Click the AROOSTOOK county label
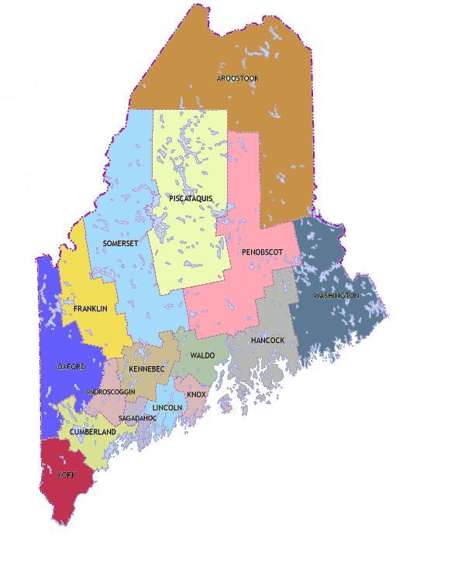pyautogui.click(x=237, y=79)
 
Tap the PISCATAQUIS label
pyautogui.click(x=190, y=199)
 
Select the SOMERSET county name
pyautogui.click(x=120, y=244)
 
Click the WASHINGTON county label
pyautogui.click(x=336, y=296)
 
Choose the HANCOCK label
pyautogui.click(x=267, y=341)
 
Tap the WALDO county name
pyautogui.click(x=202, y=355)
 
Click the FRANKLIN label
pyautogui.click(x=90, y=309)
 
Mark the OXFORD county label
pyautogui.click(x=71, y=367)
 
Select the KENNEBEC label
pyautogui.click(x=146, y=369)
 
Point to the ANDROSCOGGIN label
pyautogui.click(x=112, y=392)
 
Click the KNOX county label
pyautogui.click(x=196, y=395)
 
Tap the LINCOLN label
pyautogui.click(x=167, y=407)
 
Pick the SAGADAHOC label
pyautogui.click(x=137, y=418)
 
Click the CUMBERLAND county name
pyautogui.click(x=92, y=432)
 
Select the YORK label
pyautogui.click(x=66, y=475)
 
